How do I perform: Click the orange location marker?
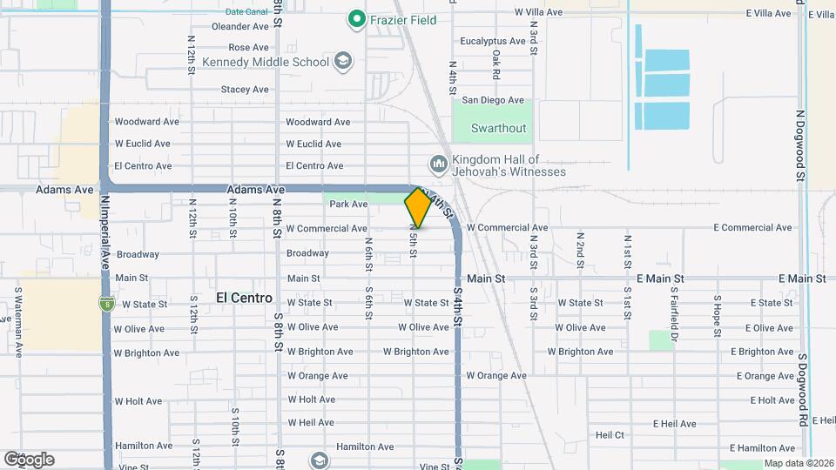tap(418, 207)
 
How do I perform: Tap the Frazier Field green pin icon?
tap(355, 18)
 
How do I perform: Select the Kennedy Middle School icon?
tap(343, 61)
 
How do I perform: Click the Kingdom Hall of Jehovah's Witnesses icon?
tap(438, 164)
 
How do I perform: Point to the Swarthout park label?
tap(498, 128)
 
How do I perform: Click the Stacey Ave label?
tap(245, 89)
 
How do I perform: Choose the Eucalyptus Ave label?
tap(493, 41)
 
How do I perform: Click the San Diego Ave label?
tap(493, 100)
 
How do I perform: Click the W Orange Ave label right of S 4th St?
tap(496, 376)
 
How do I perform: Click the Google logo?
tap(28, 460)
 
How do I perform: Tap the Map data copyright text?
tap(798, 464)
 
